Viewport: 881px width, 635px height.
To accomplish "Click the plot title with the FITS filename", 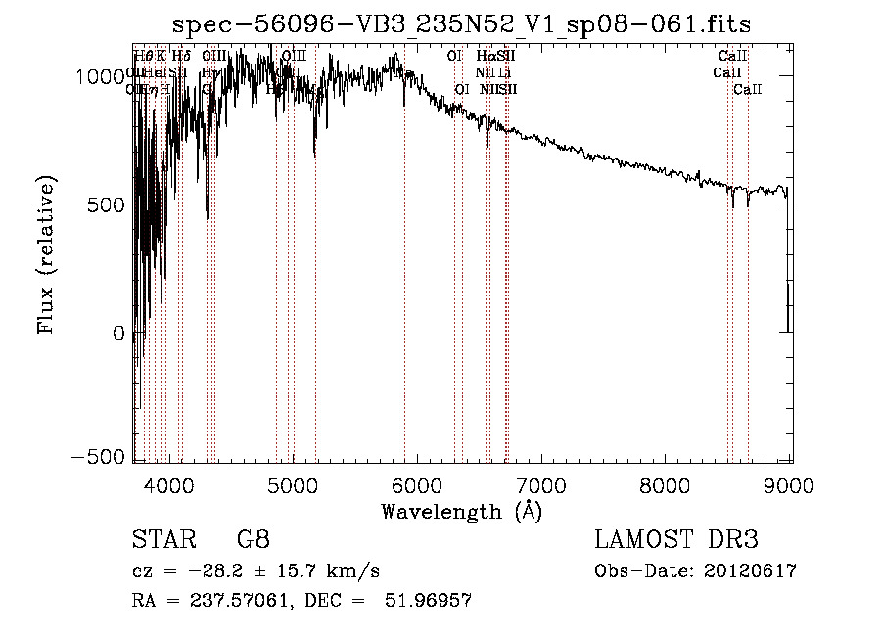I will [x=461, y=24].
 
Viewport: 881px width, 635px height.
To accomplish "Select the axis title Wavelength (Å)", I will [x=461, y=511].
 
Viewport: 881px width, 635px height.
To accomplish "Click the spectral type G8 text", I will [x=253, y=541].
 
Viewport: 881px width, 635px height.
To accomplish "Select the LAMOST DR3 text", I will [x=675, y=541].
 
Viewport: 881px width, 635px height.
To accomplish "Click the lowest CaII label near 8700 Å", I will [x=748, y=90].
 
